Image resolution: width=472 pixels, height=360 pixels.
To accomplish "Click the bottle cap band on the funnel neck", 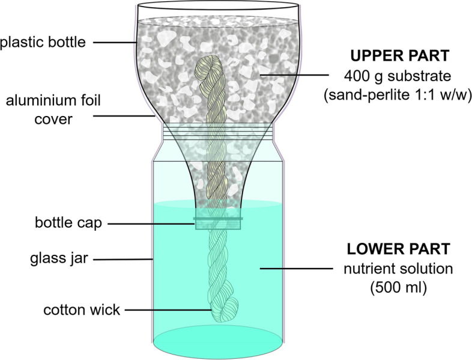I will point(217,223).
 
